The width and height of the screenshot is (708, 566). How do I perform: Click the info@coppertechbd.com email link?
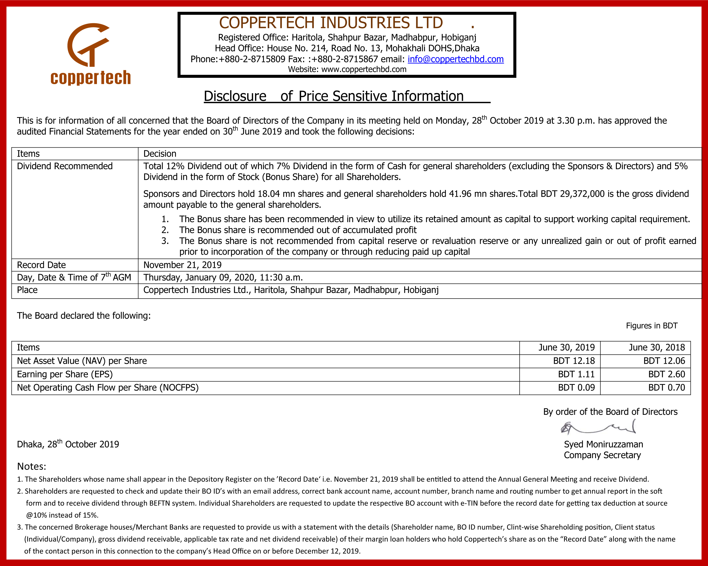click(x=455, y=59)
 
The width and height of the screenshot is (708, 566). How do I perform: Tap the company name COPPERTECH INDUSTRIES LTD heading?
click(x=331, y=23)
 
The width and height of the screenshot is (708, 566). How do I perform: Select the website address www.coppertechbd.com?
click(x=364, y=69)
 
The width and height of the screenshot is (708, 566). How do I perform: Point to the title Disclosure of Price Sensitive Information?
click(x=334, y=96)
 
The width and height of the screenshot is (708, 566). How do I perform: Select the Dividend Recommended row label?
click(x=65, y=166)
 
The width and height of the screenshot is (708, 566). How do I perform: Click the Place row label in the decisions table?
click(x=27, y=290)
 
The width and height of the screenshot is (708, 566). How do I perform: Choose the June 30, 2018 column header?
click(x=657, y=347)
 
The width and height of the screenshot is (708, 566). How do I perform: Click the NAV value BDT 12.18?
click(x=574, y=361)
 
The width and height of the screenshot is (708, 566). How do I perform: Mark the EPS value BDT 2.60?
click(x=666, y=374)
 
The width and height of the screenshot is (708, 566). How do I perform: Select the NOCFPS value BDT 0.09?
click(x=576, y=387)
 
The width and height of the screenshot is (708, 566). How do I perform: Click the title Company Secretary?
click(x=602, y=455)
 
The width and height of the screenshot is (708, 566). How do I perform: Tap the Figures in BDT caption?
click(x=652, y=326)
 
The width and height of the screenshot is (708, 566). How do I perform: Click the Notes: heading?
click(x=32, y=466)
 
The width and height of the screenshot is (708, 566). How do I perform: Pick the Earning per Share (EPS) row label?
click(x=65, y=374)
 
